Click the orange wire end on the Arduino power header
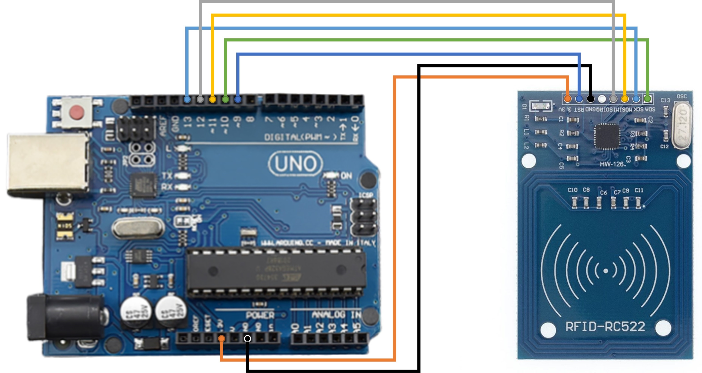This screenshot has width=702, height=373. [222, 339]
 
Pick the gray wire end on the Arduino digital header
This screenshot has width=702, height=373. [200, 99]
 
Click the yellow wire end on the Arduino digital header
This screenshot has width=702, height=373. [213, 99]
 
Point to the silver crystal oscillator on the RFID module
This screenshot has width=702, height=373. [681, 126]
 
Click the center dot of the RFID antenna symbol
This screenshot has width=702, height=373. [605, 271]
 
